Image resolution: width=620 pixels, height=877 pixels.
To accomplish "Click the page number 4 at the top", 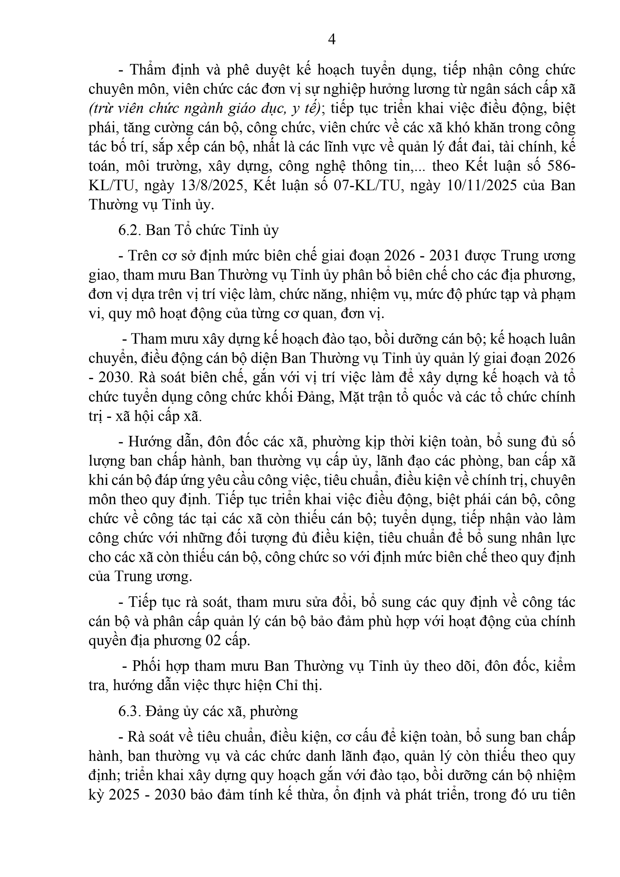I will (x=332, y=39).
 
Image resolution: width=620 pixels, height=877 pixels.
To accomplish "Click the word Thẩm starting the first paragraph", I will (x=146, y=70).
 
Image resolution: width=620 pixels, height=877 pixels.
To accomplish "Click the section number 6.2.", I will (x=129, y=230).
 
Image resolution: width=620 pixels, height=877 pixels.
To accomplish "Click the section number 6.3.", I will (x=129, y=711).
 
